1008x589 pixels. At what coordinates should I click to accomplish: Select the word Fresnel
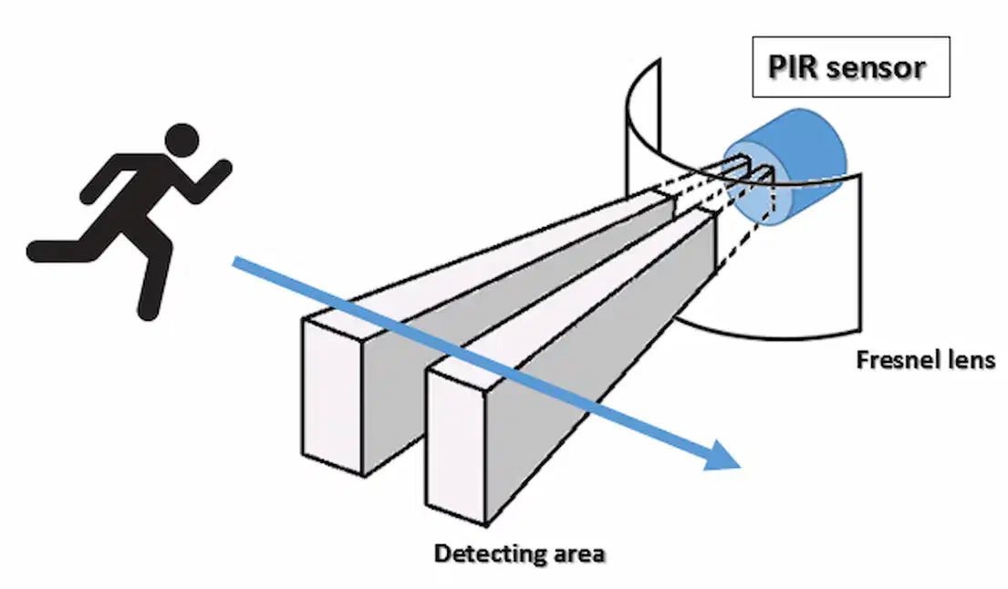point(894,360)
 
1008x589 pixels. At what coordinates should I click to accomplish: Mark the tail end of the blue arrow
point(235,262)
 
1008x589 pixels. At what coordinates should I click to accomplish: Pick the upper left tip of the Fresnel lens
point(659,60)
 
